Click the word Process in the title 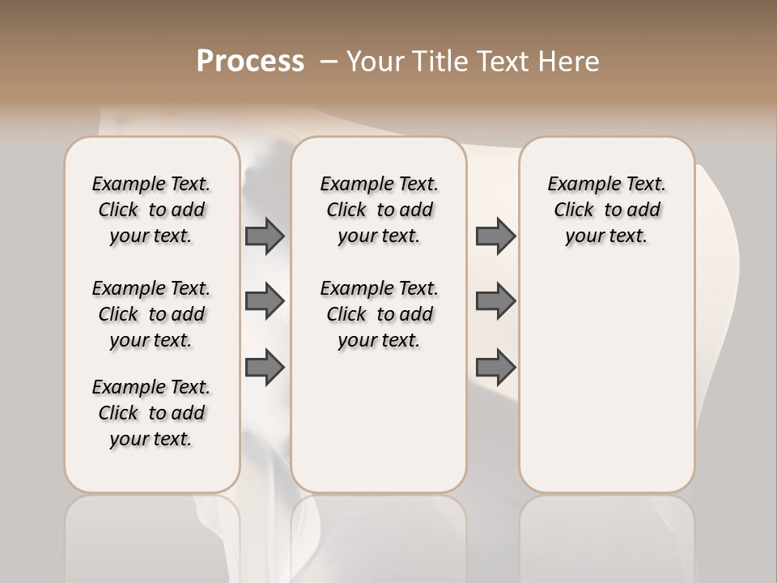coord(250,62)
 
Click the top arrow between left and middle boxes coord(265,236)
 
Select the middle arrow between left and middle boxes coord(265,301)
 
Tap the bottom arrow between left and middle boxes coord(265,368)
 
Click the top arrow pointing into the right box coord(495,236)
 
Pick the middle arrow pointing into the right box coord(495,301)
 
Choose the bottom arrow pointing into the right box coord(495,368)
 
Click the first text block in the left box coord(151,210)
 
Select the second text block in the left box coord(151,314)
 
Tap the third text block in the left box coord(151,413)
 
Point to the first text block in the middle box coord(379,210)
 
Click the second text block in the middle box coord(379,314)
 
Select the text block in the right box coord(606,210)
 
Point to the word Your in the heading coord(374,62)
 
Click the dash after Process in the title coord(328,62)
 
